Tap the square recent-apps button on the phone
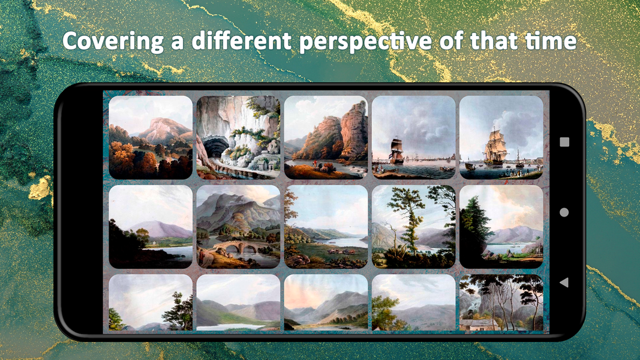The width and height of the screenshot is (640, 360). point(564,142)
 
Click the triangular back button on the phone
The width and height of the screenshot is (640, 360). point(564,281)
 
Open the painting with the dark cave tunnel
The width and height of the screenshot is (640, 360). point(238,137)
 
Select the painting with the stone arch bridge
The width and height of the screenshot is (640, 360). point(238,226)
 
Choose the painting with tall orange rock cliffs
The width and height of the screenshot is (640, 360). point(326,137)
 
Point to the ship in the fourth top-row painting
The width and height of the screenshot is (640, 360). point(397,150)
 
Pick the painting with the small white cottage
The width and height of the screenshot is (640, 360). point(501,302)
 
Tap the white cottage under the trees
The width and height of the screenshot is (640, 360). point(477,325)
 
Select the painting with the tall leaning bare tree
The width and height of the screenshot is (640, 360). point(413,226)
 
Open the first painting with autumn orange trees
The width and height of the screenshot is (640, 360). point(151,137)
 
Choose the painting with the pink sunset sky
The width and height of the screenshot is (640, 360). point(326,302)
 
